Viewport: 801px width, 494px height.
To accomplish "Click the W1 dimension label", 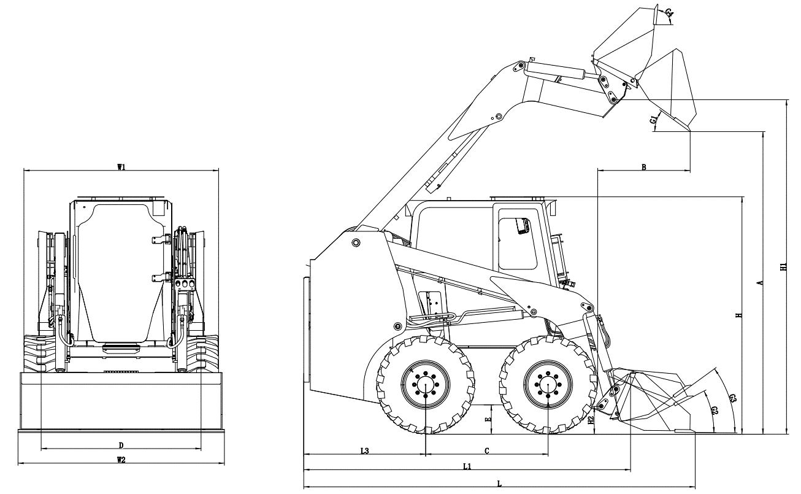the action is click(x=121, y=167).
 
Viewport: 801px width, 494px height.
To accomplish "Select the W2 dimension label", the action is click(x=121, y=460).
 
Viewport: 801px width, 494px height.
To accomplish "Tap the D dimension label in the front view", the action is click(x=121, y=446).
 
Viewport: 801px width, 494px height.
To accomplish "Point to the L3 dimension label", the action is click(x=364, y=451).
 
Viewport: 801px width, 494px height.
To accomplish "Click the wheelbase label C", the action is click(x=487, y=451).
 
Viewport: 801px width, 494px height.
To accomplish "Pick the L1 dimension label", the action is click(x=467, y=466).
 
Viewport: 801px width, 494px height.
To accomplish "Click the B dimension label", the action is click(x=644, y=167).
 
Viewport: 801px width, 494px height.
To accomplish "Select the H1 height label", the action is click(x=784, y=266).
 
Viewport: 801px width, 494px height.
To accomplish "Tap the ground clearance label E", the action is click(x=489, y=419).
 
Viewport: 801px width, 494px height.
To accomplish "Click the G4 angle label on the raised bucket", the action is click(x=669, y=14).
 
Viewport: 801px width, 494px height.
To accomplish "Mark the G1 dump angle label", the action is click(x=653, y=120).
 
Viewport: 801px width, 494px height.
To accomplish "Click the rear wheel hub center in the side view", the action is click(x=426, y=385).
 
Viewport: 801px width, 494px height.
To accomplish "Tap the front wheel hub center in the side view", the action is click(x=548, y=385).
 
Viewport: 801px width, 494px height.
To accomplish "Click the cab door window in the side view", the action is click(x=518, y=244).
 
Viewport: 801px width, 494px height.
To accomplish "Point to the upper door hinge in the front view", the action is click(x=161, y=239).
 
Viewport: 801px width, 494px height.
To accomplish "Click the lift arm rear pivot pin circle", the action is click(x=356, y=243).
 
